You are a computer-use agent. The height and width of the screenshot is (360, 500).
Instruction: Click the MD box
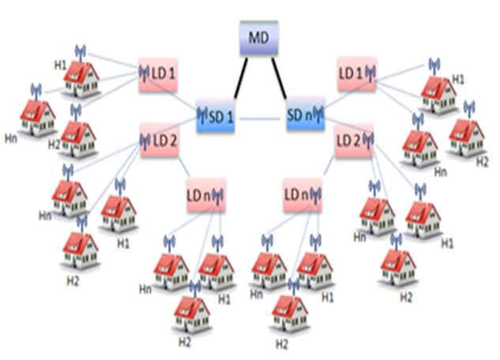(x=259, y=38)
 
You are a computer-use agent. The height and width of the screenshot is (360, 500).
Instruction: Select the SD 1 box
(x=216, y=115)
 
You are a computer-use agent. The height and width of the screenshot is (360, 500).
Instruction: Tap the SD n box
(x=306, y=114)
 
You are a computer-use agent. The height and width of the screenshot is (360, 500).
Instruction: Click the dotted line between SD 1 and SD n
(x=260, y=119)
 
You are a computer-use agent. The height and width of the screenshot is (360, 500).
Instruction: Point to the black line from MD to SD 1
(x=241, y=77)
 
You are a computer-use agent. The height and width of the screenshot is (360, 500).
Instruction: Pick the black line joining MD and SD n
(x=279, y=77)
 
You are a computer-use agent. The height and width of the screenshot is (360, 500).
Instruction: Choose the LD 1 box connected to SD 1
(x=158, y=74)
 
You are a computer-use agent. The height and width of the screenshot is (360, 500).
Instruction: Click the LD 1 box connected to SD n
(x=357, y=73)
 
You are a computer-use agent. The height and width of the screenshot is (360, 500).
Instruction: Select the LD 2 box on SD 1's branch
(x=160, y=141)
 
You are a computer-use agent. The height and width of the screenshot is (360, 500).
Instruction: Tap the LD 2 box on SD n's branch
(x=354, y=141)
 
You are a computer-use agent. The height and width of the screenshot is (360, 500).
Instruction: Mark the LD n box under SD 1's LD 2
(x=206, y=195)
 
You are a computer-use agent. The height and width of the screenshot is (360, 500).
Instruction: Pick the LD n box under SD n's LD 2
(x=303, y=195)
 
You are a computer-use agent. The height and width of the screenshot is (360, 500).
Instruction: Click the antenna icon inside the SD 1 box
(x=202, y=115)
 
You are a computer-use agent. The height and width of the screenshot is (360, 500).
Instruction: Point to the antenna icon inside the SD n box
(x=318, y=114)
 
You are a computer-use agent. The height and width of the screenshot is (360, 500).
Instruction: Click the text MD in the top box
(x=258, y=38)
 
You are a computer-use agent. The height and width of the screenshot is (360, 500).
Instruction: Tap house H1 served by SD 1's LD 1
(x=81, y=79)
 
